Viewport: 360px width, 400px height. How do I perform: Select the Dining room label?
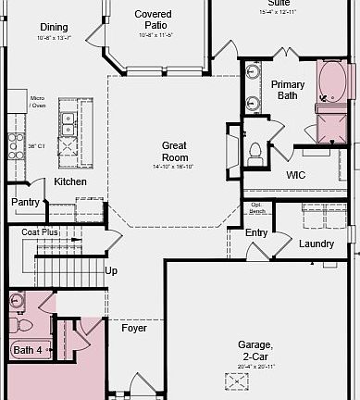coord(53,27)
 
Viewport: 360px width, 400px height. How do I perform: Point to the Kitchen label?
coord(70,181)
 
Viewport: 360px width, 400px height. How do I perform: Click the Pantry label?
coord(25,202)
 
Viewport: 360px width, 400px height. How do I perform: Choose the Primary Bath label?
coord(288,90)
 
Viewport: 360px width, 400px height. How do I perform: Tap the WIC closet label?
coord(296,174)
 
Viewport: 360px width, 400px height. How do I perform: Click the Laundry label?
coord(317,244)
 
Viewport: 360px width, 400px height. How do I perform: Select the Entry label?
coord(256,231)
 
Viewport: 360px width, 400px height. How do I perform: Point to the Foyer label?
coord(134,328)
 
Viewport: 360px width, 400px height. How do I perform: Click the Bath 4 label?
coord(28,350)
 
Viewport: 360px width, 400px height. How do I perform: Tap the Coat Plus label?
coord(40,232)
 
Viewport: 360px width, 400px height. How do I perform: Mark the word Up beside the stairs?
coord(111,271)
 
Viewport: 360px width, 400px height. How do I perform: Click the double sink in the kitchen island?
coord(68,118)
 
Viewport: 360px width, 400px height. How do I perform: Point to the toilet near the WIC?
coord(254,153)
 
